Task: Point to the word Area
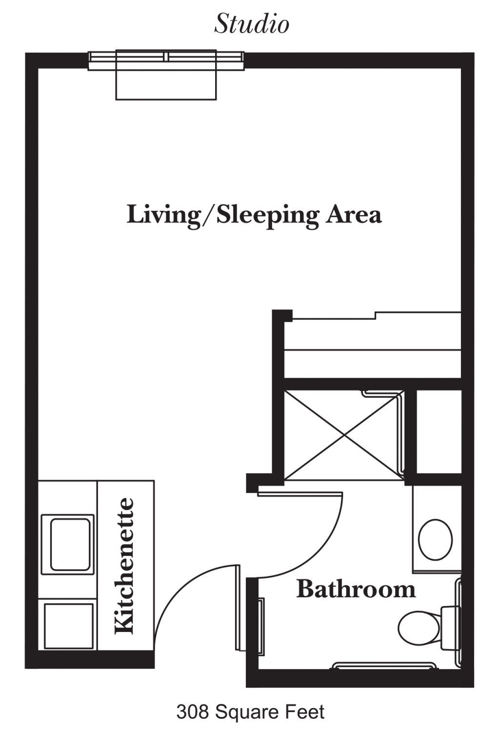coord(353,215)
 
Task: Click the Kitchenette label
coord(124,566)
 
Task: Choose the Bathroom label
coord(356,589)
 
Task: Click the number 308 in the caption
coord(192,710)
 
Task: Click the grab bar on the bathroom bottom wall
coord(384,665)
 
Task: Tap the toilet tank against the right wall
coord(450,628)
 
